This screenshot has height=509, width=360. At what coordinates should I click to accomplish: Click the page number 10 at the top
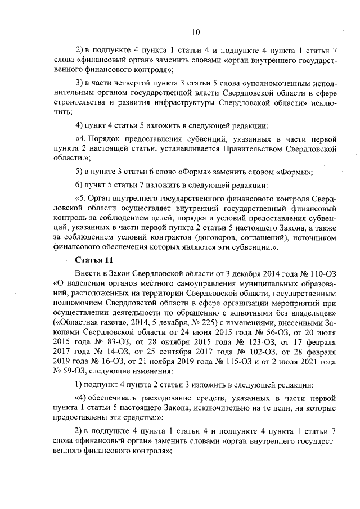click(x=195, y=32)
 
